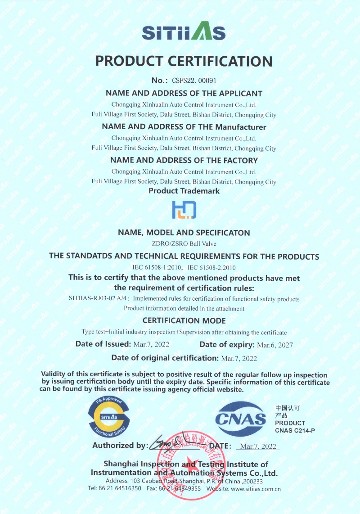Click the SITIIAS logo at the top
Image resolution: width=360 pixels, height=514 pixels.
[184, 32]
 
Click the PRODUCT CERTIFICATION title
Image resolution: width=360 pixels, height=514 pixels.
[184, 61]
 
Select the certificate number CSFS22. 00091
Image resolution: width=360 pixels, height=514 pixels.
[194, 81]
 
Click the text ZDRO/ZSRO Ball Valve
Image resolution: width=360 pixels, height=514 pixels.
[184, 244]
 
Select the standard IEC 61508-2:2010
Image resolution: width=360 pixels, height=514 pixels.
[211, 267]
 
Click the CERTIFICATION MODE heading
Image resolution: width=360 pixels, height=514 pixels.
[184, 321]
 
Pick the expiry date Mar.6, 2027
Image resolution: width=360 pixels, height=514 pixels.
[275, 345]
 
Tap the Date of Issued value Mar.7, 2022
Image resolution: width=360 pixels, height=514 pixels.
[152, 345]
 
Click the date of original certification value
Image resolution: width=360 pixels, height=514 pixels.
[239, 358]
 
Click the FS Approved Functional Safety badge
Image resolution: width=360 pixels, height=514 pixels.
[109, 417]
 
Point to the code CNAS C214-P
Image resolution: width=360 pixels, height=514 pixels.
[295, 431]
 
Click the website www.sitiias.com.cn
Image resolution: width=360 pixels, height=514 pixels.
[256, 488]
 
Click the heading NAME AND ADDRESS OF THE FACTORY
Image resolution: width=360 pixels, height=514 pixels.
[184, 160]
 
